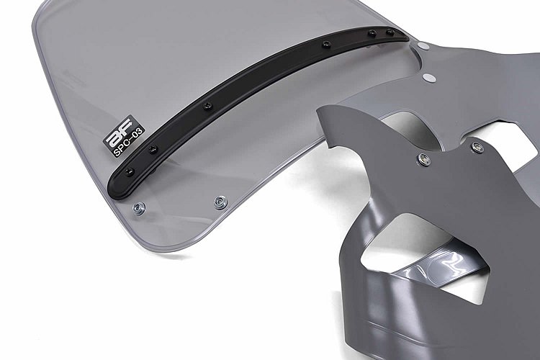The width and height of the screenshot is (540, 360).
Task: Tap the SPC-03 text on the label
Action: click(128, 143)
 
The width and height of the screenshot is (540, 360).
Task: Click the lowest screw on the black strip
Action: click(129, 171)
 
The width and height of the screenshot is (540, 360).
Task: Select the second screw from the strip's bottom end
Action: click(153, 149)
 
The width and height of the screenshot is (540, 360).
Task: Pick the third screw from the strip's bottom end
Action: click(207, 106)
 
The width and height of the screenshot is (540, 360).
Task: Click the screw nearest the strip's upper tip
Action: click(390, 32)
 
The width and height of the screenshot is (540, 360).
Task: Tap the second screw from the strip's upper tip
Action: click(372, 33)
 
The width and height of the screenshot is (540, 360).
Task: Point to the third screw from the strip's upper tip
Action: click(326, 44)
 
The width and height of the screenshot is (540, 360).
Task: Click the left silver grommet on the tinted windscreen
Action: click(139, 208)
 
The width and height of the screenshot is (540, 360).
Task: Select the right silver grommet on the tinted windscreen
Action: click(220, 202)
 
